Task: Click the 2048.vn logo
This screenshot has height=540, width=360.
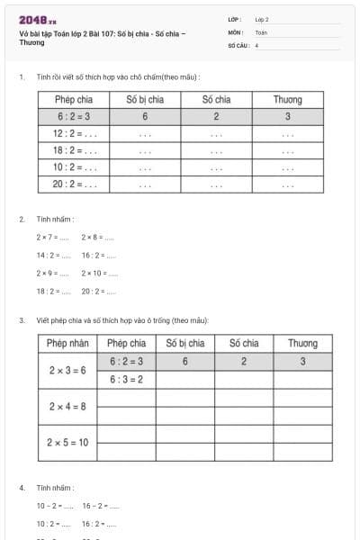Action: click(37, 19)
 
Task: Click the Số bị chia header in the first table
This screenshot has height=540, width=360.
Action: click(144, 100)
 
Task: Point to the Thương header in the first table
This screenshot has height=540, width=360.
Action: click(287, 100)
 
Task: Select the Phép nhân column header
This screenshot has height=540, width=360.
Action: click(68, 343)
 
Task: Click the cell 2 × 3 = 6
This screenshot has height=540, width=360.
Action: click(68, 370)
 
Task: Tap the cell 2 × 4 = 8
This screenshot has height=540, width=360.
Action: click(68, 406)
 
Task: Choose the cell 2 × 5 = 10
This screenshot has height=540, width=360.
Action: click(68, 442)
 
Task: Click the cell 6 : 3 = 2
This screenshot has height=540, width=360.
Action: click(126, 379)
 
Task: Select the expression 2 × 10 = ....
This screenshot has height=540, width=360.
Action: click(98, 273)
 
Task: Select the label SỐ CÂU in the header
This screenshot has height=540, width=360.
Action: click(238, 43)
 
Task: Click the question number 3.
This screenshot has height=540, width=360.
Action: click(22, 319)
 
